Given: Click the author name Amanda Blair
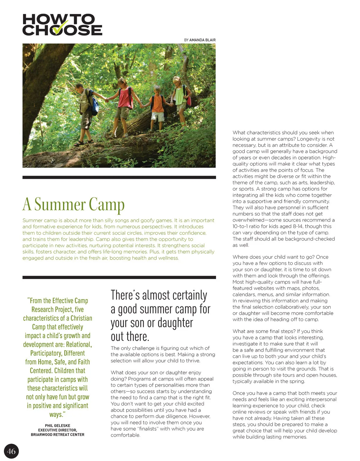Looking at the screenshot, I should (x=202, y=40).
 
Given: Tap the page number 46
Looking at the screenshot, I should (x=11, y=451).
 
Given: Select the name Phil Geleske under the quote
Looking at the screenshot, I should (x=58, y=425).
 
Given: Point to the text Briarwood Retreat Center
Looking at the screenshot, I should (x=58, y=435).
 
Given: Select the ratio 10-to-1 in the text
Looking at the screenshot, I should (x=242, y=226).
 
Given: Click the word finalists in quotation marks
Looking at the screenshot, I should (x=147, y=429).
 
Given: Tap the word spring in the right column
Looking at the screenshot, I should (x=297, y=381).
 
